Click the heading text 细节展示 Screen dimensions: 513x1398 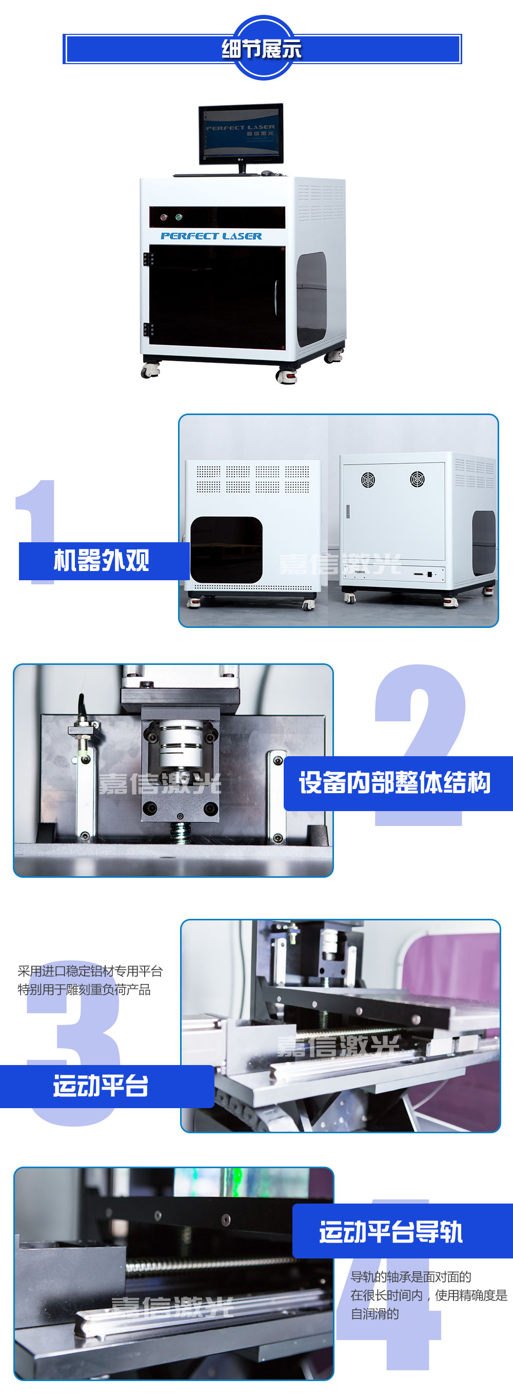pyautogui.click(x=261, y=49)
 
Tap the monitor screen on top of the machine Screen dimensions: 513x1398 pyautogui.click(x=241, y=131)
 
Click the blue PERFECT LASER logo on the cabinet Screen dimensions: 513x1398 pyautogui.click(x=211, y=236)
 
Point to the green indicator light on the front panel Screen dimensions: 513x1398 pyautogui.click(x=179, y=217)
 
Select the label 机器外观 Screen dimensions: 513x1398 pyautogui.click(x=102, y=560)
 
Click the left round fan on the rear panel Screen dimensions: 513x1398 pyautogui.click(x=368, y=480)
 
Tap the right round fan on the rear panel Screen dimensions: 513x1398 pyautogui.click(x=417, y=480)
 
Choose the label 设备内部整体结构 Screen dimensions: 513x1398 pyautogui.click(x=394, y=782)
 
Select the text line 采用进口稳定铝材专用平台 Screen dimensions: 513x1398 pyautogui.click(x=90, y=971)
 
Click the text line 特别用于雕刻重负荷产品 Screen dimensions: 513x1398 pyautogui.click(x=84, y=989)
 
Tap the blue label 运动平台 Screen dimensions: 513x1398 pyautogui.click(x=101, y=1086)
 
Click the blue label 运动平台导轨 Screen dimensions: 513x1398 pyautogui.click(x=391, y=1232)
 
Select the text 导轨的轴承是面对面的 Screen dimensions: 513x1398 pyautogui.click(x=411, y=1277)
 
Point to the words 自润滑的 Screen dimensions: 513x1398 pyautogui.click(x=374, y=1314)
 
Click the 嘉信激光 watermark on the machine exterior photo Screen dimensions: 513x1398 pyautogui.click(x=340, y=564)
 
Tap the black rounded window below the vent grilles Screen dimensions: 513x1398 pyautogui.click(x=226, y=550)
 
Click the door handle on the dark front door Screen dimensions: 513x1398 pyautogui.click(x=276, y=297)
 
